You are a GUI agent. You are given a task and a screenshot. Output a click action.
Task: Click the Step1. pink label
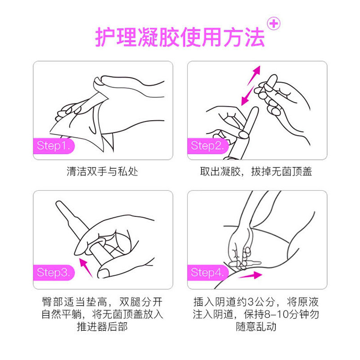(53, 146)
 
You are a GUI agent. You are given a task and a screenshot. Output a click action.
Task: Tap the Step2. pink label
(207, 146)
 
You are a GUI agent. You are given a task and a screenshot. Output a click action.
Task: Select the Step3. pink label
(53, 272)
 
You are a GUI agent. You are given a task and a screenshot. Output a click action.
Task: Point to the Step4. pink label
(207, 272)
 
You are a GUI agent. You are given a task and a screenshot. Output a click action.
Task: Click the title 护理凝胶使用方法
(180, 37)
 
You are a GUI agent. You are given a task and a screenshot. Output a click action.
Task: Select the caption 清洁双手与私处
(103, 171)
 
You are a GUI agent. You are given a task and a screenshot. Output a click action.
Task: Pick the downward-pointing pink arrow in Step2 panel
(247, 96)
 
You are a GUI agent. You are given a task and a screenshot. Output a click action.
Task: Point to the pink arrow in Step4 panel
(250, 275)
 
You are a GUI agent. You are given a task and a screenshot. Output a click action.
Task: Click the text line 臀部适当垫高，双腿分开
(103, 302)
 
